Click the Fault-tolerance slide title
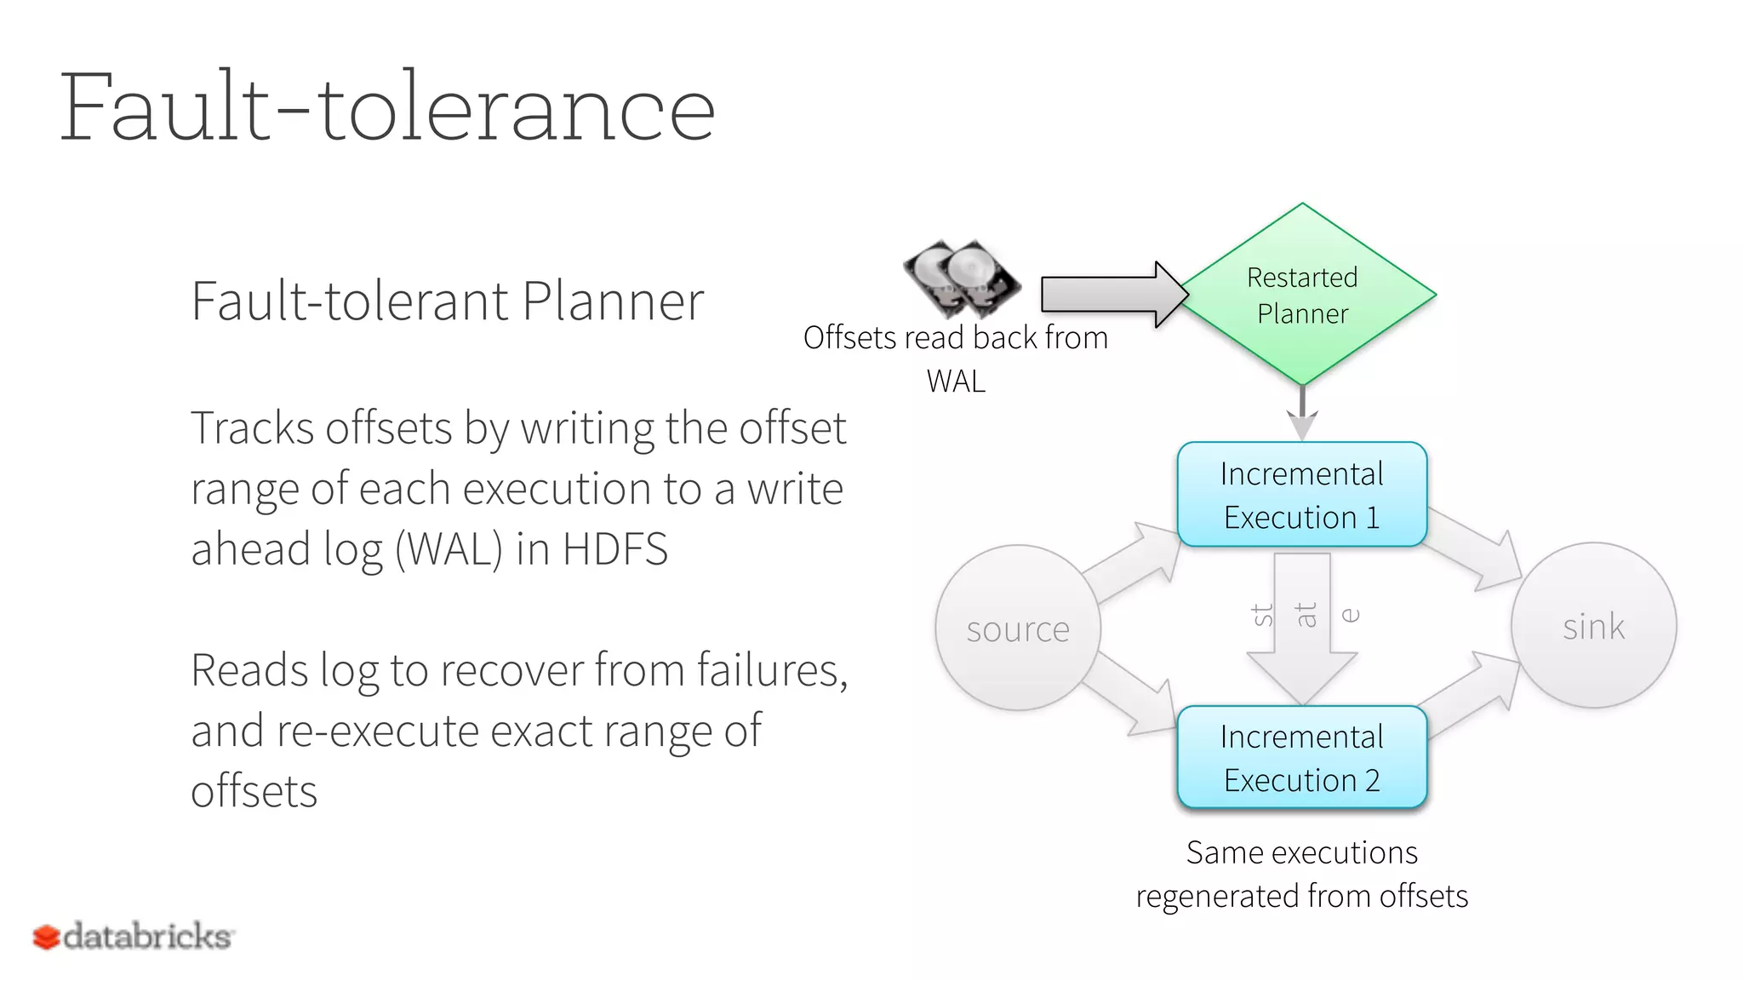[x=387, y=109]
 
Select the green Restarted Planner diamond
[x=1302, y=295]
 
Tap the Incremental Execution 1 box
[x=1301, y=495]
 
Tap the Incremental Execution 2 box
[x=1301, y=758]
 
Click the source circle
[x=1018, y=628]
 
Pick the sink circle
[x=1593, y=626]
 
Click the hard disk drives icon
[x=962, y=278]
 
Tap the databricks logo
[x=133, y=937]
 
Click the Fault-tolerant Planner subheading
[x=447, y=301]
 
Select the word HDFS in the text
[x=614, y=549]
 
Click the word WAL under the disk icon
[x=956, y=381]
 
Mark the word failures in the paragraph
[x=771, y=670]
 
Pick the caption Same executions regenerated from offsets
[x=1301, y=875]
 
